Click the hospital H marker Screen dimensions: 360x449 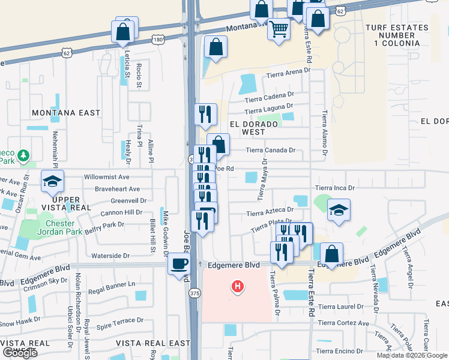click(x=238, y=287)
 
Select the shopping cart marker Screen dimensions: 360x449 click(x=279, y=29)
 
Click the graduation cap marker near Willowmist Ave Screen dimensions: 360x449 click(x=52, y=181)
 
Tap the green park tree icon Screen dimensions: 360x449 click(x=23, y=156)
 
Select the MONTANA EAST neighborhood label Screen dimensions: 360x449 click(x=66, y=113)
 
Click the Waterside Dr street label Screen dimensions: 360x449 click(x=110, y=256)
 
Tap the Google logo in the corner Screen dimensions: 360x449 click(x=20, y=353)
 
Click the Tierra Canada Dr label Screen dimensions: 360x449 click(x=271, y=151)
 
